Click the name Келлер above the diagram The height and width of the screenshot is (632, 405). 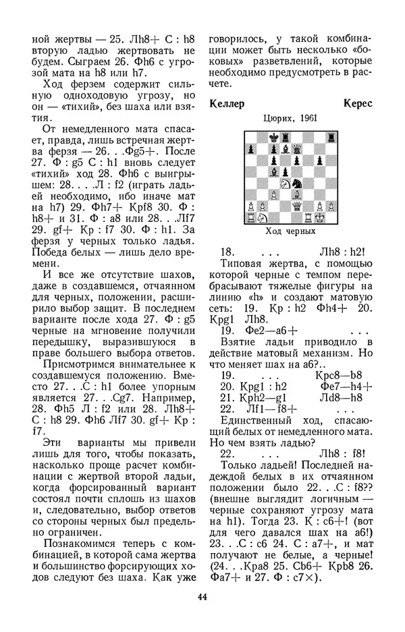(226, 104)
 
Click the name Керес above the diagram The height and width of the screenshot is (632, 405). (356, 104)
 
